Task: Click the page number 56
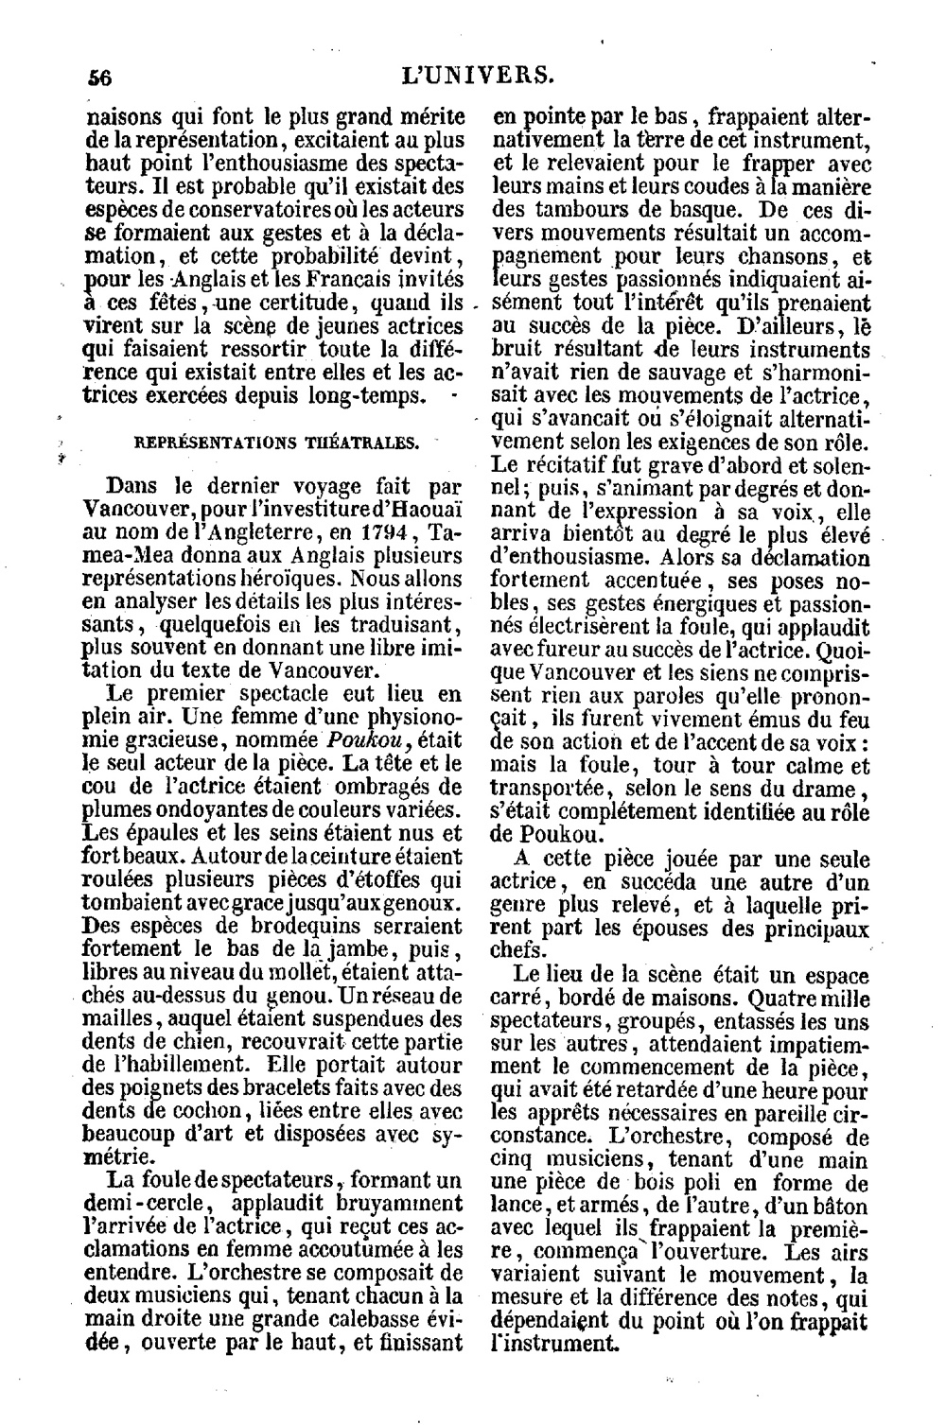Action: (x=98, y=78)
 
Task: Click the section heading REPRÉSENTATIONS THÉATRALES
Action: (x=274, y=442)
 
